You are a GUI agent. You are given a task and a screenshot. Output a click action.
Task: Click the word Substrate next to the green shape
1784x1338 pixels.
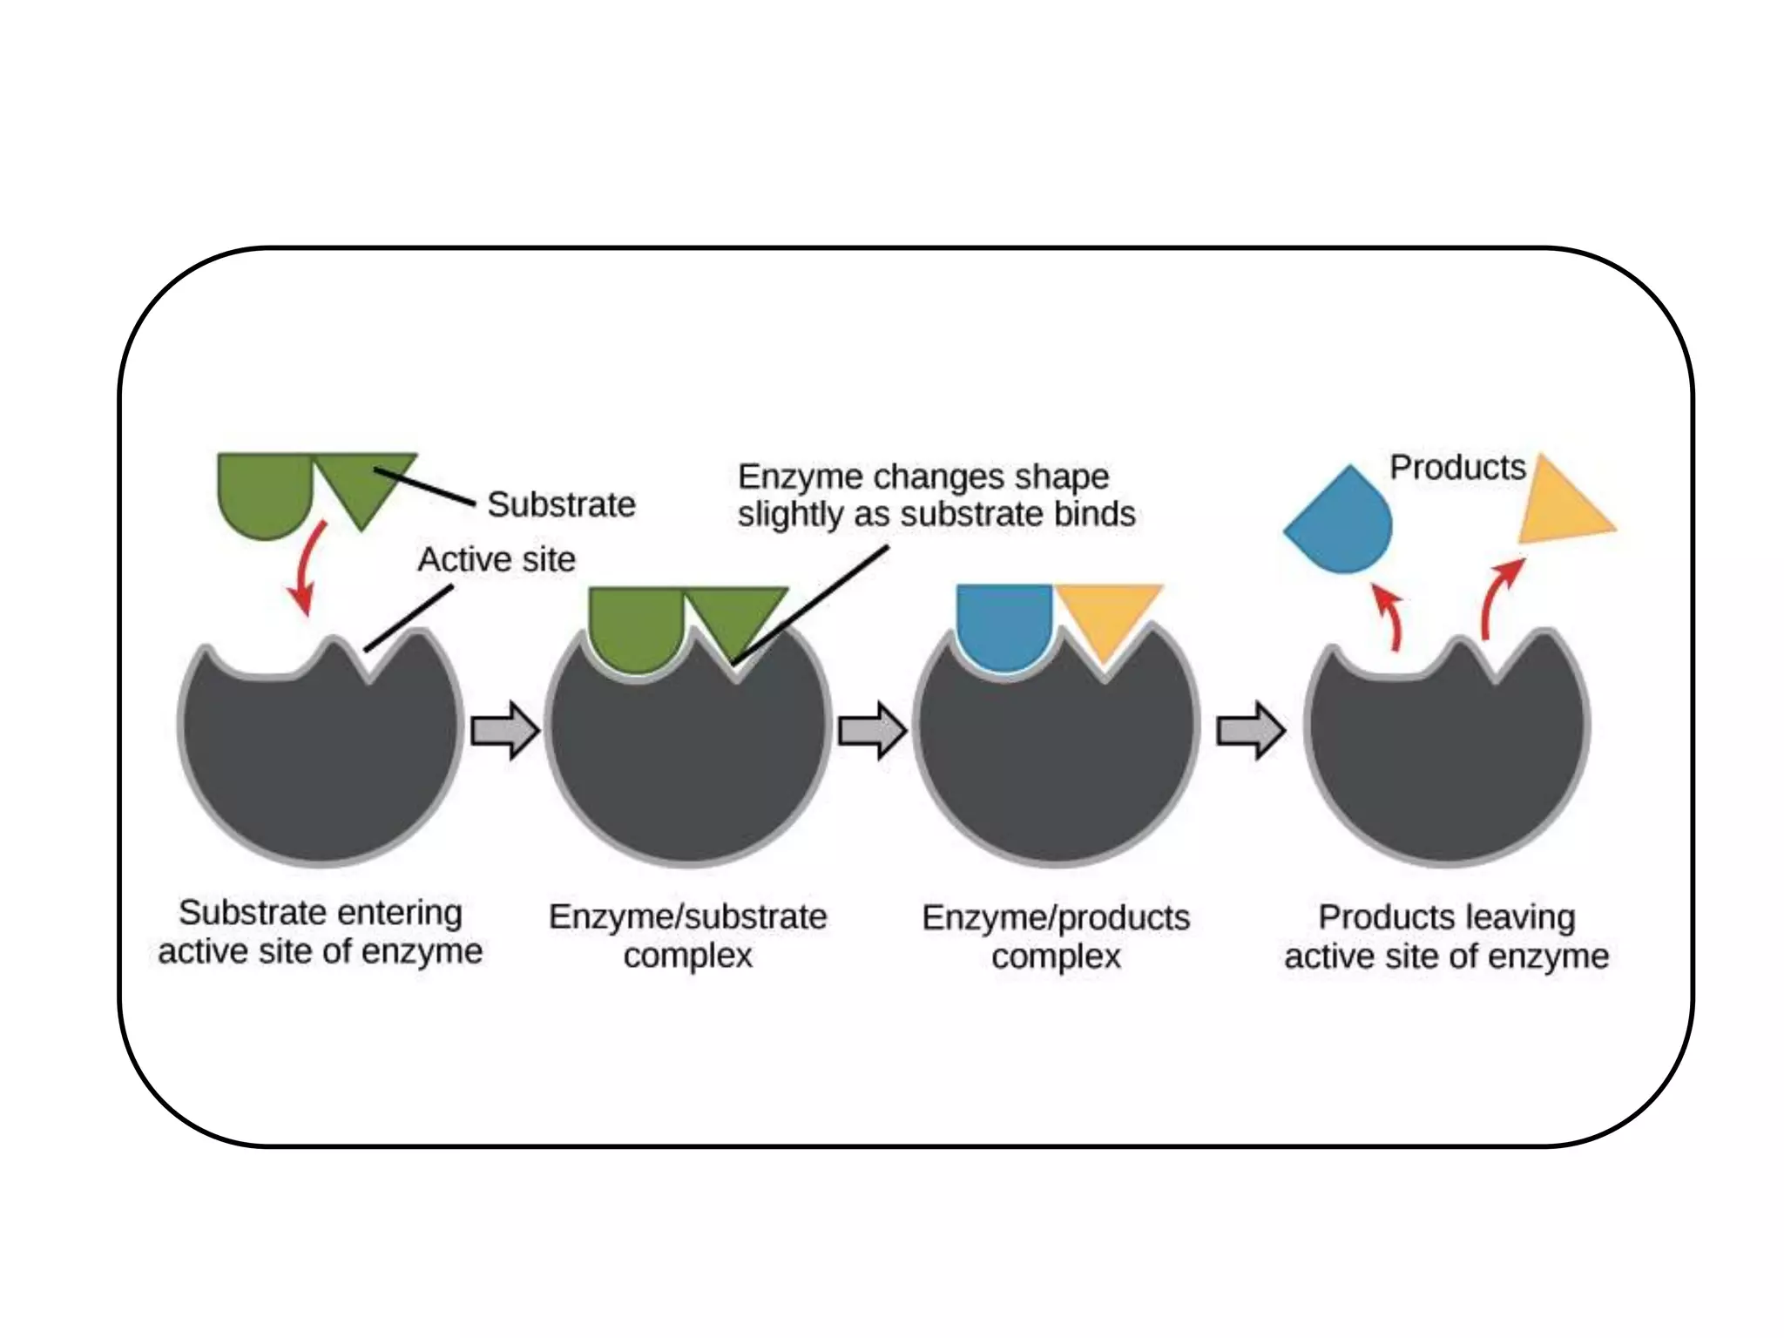coord(561,504)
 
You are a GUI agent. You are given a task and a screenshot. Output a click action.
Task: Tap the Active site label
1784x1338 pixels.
coord(497,559)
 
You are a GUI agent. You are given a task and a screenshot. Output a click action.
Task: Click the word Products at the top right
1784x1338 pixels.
coord(1457,468)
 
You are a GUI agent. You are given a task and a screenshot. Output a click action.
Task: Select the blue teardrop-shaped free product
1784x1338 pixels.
coord(1341,524)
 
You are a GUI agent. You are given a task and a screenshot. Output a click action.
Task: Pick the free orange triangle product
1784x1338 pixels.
coord(1559,510)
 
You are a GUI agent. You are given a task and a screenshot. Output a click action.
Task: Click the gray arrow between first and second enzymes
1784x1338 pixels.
coord(504,730)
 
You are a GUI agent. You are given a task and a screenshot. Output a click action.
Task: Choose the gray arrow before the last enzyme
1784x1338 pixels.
coord(1250,730)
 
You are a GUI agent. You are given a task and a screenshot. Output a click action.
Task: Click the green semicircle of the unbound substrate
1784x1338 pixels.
coord(264,492)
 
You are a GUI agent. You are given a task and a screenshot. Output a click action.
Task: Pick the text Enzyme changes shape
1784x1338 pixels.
coord(923,477)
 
